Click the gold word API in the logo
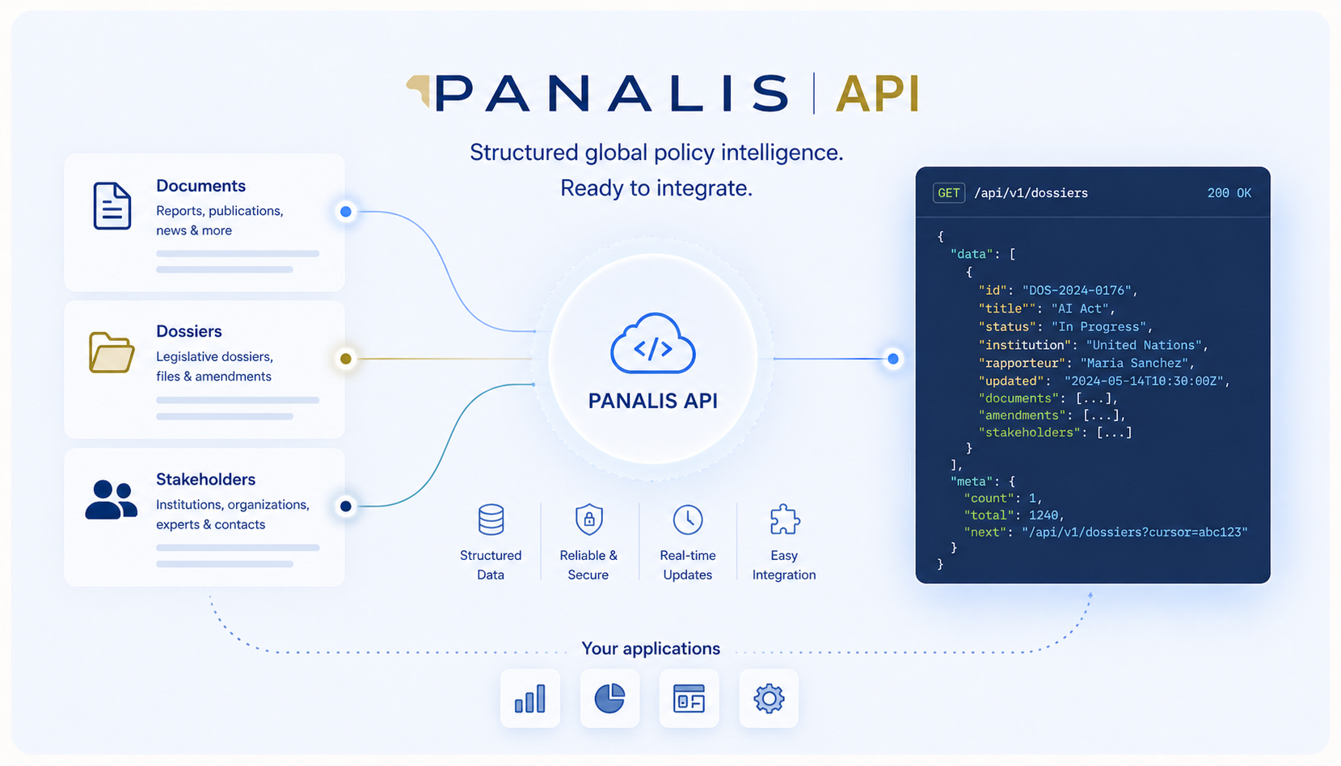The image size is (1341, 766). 878,94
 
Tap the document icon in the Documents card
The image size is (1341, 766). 112,206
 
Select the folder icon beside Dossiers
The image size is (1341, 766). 112,353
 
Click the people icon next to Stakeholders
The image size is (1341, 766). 112,499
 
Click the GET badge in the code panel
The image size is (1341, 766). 949,193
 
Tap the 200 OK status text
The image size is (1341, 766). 1229,193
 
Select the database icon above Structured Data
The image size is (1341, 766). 491,520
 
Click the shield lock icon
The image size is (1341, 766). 588,520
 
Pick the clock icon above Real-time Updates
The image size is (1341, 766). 688,520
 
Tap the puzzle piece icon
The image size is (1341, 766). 785,520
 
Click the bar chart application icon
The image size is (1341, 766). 530,698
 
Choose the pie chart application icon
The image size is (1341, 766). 609,698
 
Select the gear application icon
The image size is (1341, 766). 769,698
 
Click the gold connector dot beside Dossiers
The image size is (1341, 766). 346,359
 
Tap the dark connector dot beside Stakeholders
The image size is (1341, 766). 346,506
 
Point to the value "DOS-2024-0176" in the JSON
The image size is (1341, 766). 1079,290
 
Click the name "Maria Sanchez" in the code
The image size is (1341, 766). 1135,363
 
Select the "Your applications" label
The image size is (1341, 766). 651,649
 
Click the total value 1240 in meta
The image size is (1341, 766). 1044,515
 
